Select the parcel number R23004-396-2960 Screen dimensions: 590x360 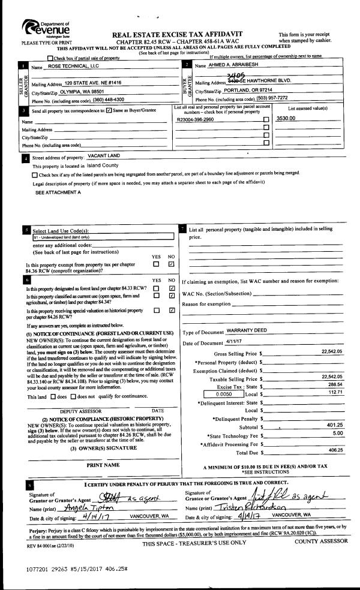(x=196, y=120)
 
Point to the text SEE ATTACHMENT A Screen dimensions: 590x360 (x=58, y=192)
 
